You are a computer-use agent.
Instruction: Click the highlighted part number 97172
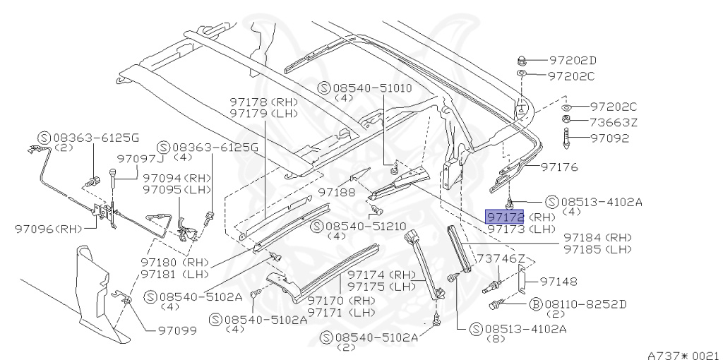504,216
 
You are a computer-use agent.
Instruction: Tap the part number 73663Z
614,122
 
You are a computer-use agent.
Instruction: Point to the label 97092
609,138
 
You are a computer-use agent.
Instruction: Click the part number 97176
560,167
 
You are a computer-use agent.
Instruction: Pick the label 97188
337,191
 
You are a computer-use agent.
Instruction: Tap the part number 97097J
141,160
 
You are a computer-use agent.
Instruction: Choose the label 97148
559,282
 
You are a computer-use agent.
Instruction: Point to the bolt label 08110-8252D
586,304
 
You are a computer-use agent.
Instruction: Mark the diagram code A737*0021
683,355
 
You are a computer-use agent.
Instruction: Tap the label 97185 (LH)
597,248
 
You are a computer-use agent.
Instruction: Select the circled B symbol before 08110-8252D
535,304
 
